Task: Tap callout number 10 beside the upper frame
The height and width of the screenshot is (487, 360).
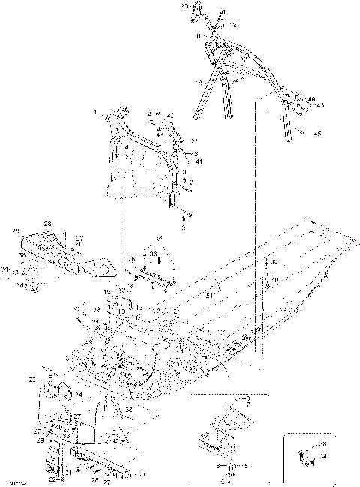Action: pyautogui.click(x=199, y=35)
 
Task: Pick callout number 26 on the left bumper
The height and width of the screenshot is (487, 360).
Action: pyautogui.click(x=15, y=231)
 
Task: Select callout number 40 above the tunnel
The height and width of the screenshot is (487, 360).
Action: pyautogui.click(x=275, y=279)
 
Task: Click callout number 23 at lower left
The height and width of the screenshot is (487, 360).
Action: pyautogui.click(x=32, y=380)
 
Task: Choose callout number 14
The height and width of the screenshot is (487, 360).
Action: pyautogui.click(x=139, y=307)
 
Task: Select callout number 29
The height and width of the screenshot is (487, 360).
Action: pyautogui.click(x=39, y=441)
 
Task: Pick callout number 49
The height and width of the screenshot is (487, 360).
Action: pyautogui.click(x=89, y=343)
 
